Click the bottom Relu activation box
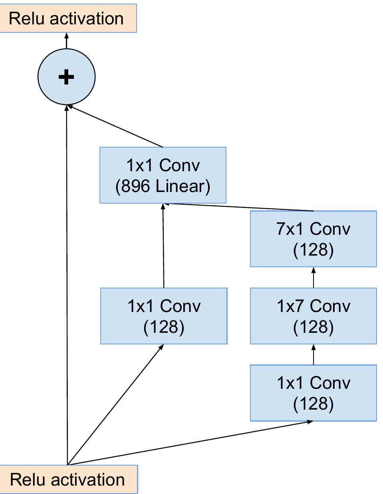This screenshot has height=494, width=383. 68,479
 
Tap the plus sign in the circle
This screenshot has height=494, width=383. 66,77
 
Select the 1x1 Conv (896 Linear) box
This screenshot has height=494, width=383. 163,175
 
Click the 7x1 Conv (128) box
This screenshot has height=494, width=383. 313,239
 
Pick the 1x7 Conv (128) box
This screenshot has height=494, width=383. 313,316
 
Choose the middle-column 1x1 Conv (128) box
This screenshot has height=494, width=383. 164,316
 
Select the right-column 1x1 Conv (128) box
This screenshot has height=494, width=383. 313,392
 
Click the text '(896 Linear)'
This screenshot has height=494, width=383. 163,186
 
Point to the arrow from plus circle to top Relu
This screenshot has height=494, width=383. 66,41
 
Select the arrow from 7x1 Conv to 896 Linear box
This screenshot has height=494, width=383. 240,207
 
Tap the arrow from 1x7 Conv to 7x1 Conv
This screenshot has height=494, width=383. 314,277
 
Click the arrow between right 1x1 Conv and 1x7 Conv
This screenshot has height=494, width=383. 314,354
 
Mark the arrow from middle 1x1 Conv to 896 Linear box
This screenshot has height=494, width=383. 163,246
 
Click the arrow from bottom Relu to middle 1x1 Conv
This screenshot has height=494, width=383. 116,404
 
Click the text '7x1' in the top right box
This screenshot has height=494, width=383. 290,229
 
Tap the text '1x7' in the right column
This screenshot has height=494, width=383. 291,306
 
